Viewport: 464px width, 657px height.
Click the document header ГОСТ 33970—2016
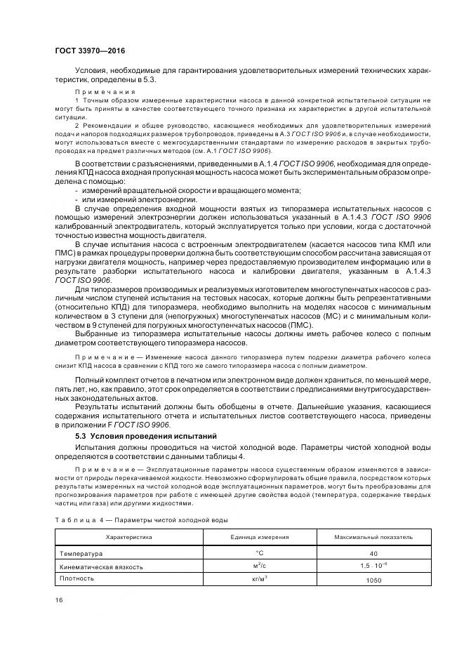pyautogui.click(x=85, y=51)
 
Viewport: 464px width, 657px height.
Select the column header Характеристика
pyautogui.click(x=128, y=537)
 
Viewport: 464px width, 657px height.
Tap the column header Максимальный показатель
pyautogui.click(x=373, y=537)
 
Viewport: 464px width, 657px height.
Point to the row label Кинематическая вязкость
pyautogui.click(x=102, y=566)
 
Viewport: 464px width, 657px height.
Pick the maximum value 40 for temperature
pyautogui.click(x=373, y=554)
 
